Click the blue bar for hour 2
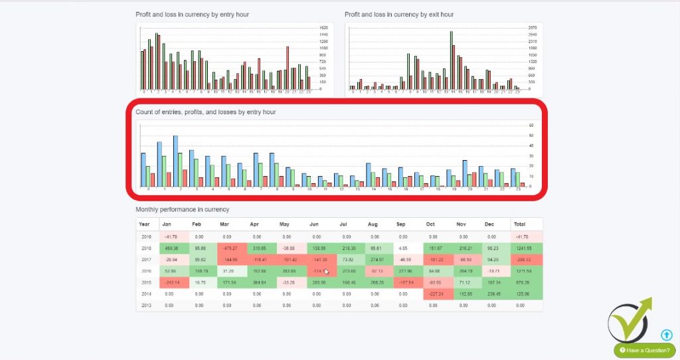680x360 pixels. coord(175,161)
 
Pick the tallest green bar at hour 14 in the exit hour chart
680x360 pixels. coord(451,60)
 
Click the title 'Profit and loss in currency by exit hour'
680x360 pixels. coord(399,14)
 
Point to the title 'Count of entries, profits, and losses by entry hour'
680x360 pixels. coord(205,112)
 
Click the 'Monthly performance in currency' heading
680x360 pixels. coord(182,209)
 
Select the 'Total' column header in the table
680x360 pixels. coord(520,225)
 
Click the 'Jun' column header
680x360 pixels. coord(315,225)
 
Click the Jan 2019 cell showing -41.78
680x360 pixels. coord(172,236)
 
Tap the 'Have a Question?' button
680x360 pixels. coord(644,350)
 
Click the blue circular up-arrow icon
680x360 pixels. coord(667,335)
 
